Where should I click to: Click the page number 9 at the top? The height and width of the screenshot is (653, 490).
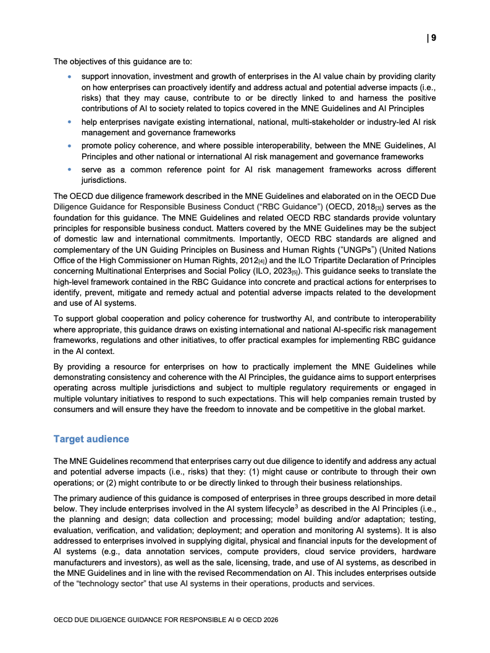tap(433, 38)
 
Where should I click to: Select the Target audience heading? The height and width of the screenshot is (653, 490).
tap(91, 439)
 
